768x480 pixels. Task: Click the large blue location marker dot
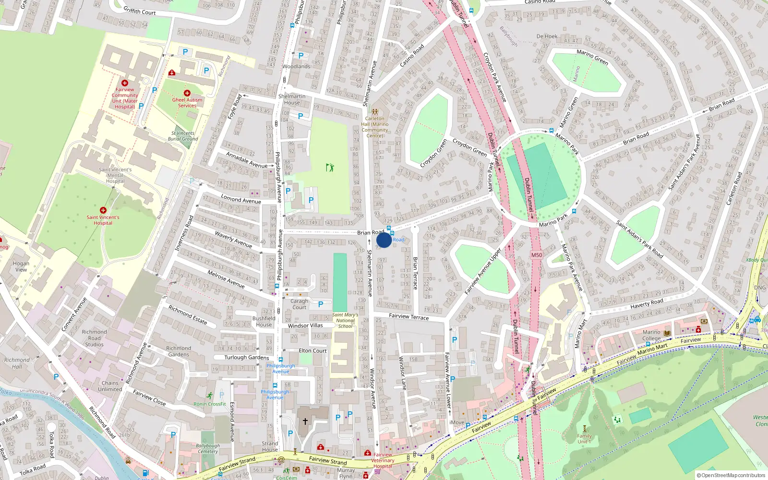click(x=384, y=240)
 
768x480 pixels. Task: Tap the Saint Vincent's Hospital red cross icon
click(x=103, y=210)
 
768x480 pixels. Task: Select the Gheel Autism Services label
click(x=187, y=103)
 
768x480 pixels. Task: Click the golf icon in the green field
click(x=330, y=168)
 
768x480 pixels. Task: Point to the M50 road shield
click(x=537, y=255)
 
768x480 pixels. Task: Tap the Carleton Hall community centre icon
click(x=375, y=112)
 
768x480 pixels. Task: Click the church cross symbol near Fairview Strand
click(x=305, y=421)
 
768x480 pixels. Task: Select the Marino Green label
click(x=592, y=57)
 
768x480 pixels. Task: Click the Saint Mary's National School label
click(x=345, y=321)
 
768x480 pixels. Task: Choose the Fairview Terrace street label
click(x=409, y=317)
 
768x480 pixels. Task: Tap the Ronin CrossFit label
click(x=210, y=404)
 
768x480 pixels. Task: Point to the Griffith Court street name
click(x=140, y=11)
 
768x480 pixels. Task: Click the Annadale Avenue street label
click(x=247, y=160)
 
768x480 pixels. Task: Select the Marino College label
click(x=651, y=335)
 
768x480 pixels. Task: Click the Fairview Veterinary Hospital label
click(x=383, y=460)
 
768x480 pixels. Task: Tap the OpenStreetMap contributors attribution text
click(x=731, y=475)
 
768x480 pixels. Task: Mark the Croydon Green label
click(x=469, y=147)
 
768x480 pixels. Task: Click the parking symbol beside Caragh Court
click(x=321, y=304)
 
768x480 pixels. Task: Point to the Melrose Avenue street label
click(x=226, y=279)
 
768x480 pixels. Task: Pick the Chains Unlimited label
click(x=110, y=386)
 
